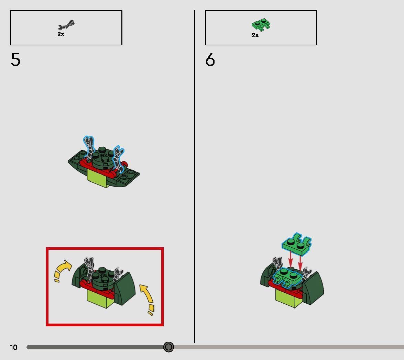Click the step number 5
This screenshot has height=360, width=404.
15,60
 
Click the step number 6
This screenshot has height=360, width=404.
210,60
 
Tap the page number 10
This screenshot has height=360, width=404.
14,347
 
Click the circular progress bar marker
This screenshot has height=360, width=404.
168,347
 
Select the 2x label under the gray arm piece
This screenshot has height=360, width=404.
61,34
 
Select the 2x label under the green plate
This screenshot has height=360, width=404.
255,35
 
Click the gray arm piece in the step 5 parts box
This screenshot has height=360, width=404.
66,25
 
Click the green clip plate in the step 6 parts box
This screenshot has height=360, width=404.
261,24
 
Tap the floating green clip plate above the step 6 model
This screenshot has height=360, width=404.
297,244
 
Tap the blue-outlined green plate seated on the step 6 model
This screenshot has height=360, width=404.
287,277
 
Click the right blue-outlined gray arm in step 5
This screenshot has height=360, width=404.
118,159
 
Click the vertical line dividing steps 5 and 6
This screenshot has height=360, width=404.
195,177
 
